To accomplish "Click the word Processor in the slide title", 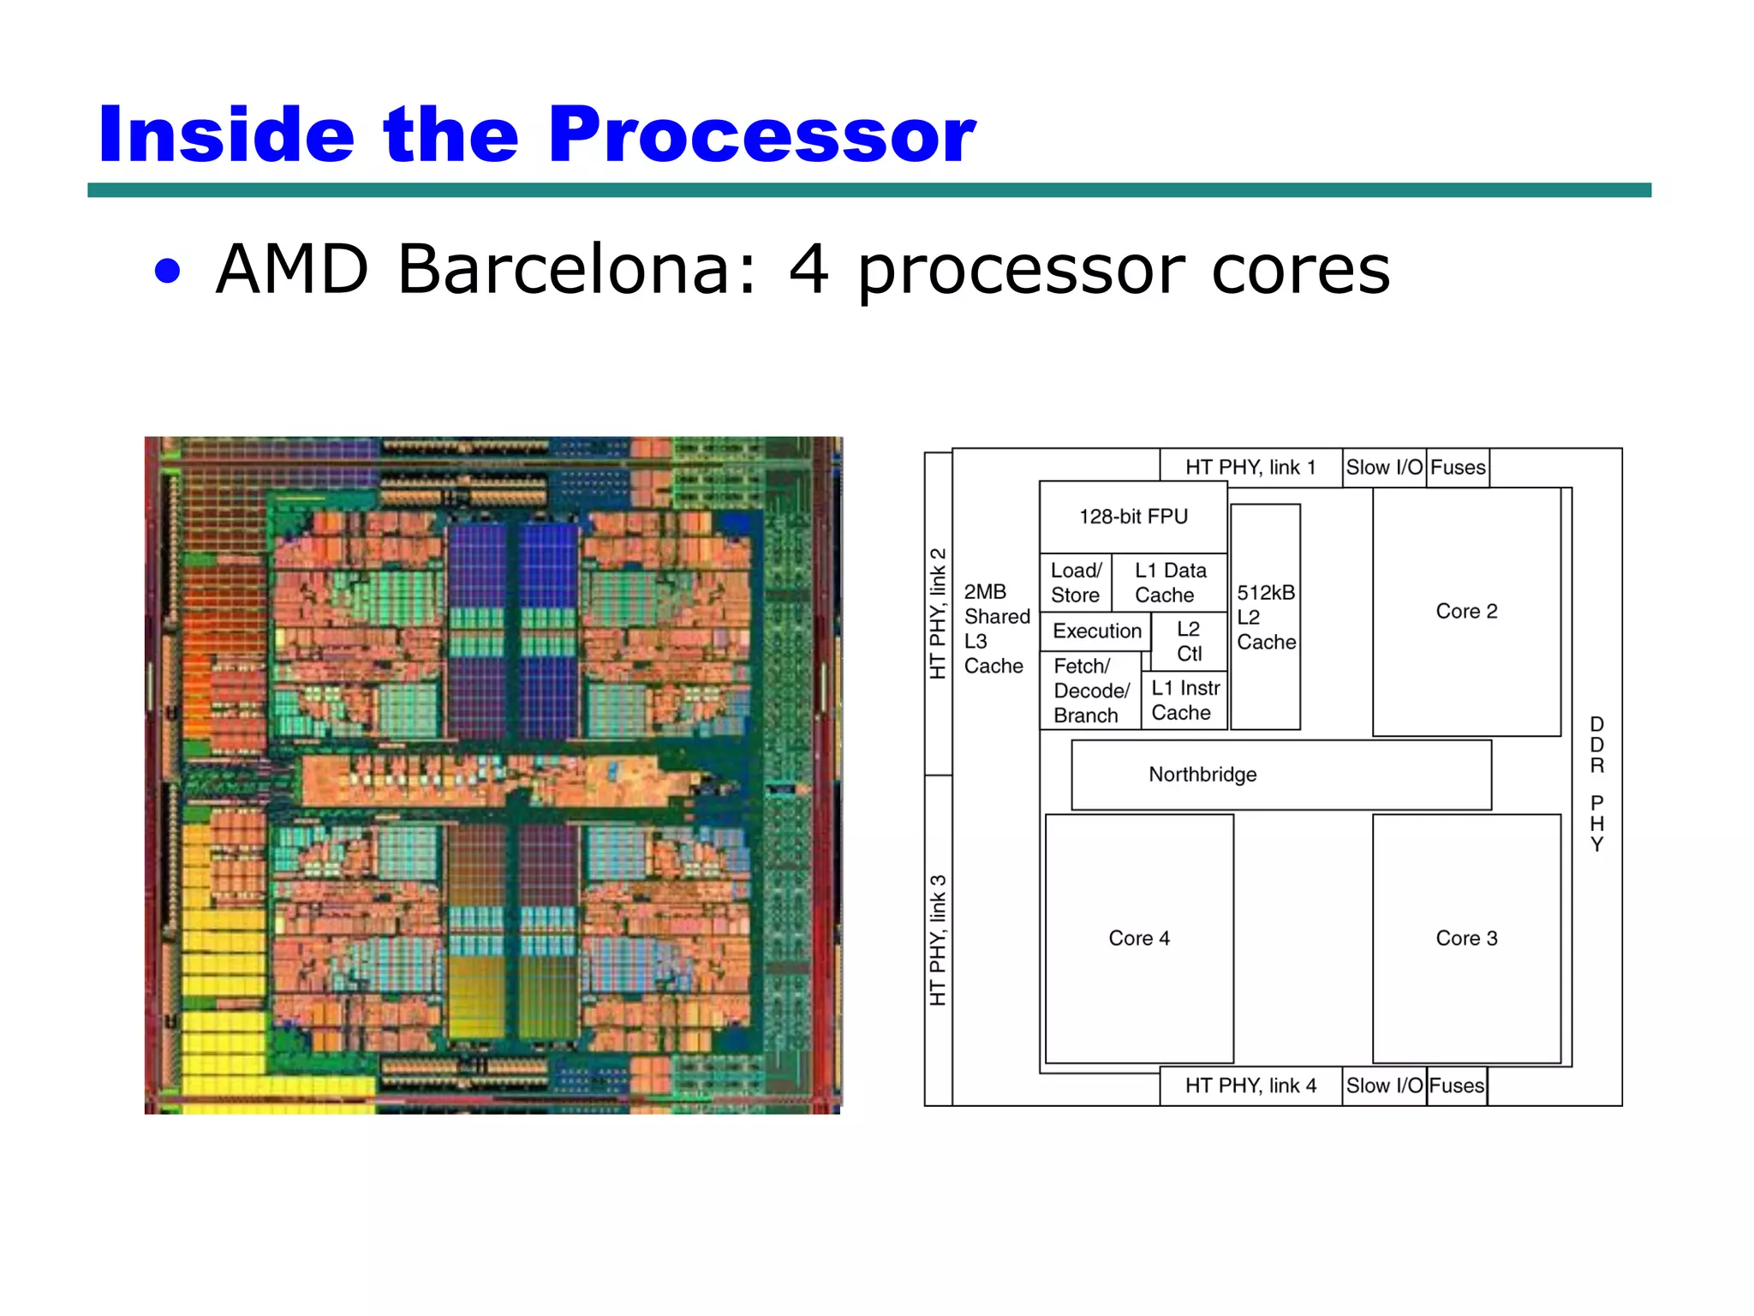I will pos(761,135).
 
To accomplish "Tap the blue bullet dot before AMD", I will pos(168,272).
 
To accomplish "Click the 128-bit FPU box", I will pos(1133,517).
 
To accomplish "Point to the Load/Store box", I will pos(1076,583).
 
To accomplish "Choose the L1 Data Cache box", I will pos(1169,583).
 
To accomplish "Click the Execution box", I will pos(1096,631).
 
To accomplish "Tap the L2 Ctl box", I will pos(1189,641).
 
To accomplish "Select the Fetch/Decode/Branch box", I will pos(1090,691).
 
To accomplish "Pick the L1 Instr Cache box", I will pos(1184,700).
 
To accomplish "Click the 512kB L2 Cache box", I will pos(1265,617).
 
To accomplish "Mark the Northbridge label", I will pos(1202,775).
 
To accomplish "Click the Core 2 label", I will pos(1466,611).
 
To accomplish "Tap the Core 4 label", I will pos(1139,938).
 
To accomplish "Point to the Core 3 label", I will pos(1466,938).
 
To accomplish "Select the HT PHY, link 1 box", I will pos(1250,468).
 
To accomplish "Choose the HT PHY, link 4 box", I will pos(1250,1086).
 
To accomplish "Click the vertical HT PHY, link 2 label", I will pos(939,613).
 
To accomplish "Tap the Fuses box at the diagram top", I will pos(1458,468).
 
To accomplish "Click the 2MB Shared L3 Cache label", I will pos(996,629).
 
